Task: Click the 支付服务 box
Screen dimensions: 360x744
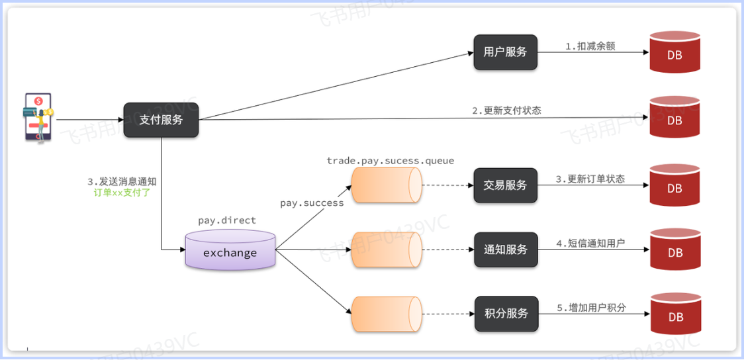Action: pyautogui.click(x=161, y=120)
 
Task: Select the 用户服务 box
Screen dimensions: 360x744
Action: pyautogui.click(x=505, y=52)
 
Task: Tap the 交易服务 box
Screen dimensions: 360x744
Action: pyautogui.click(x=505, y=185)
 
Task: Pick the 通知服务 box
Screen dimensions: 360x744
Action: pyautogui.click(x=505, y=249)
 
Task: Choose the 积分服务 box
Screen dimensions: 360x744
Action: pyautogui.click(x=506, y=314)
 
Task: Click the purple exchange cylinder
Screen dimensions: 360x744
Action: pyautogui.click(x=230, y=250)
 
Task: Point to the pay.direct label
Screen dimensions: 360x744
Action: pyautogui.click(x=227, y=220)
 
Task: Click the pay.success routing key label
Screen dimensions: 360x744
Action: pyautogui.click(x=312, y=203)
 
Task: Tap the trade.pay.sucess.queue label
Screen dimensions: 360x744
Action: pyautogui.click(x=391, y=161)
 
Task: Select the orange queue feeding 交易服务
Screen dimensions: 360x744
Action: pyautogui.click(x=386, y=185)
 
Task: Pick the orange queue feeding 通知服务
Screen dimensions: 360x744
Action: pyautogui.click(x=386, y=249)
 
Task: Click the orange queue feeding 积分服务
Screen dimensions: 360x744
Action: pyautogui.click(x=386, y=314)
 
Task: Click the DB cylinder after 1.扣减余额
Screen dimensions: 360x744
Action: pyautogui.click(x=674, y=52)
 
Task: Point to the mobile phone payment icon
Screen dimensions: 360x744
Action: pyautogui.click(x=38, y=117)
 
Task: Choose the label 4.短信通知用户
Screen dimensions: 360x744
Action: pyautogui.click(x=591, y=244)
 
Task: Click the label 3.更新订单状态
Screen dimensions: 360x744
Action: pyautogui.click(x=590, y=179)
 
